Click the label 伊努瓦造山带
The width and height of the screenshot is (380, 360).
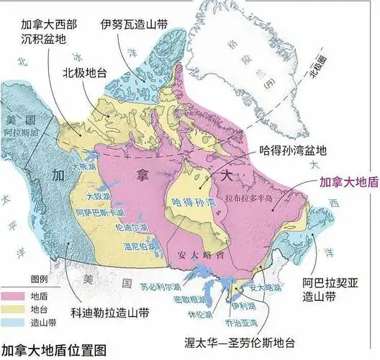[134, 24]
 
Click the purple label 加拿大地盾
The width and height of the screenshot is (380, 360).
[348, 182]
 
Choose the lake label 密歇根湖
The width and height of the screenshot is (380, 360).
[172, 299]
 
